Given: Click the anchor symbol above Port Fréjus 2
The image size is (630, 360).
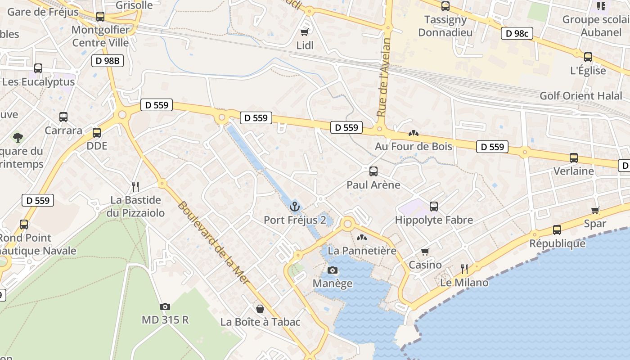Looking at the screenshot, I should coord(295,207).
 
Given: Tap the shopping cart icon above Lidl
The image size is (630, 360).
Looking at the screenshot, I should coord(305,32).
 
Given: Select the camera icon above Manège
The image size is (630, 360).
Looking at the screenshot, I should coord(333,270).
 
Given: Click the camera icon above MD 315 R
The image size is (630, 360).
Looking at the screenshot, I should coord(165,306).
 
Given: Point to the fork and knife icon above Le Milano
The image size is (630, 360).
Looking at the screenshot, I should coord(464,269).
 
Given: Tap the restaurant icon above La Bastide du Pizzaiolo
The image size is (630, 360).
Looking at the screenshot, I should coord(135,186).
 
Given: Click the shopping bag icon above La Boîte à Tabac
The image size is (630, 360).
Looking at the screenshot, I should coord(260,309).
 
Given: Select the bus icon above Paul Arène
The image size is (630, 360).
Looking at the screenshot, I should coord(373,171).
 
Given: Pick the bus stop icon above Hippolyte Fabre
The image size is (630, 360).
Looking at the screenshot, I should coord(433,207).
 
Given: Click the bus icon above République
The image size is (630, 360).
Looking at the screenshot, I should coord(557,230).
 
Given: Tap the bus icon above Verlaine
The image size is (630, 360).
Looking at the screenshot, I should coord(573,158).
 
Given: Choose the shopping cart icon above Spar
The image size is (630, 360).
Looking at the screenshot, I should coord(595,210).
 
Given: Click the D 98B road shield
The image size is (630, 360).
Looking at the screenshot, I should coord(108,61).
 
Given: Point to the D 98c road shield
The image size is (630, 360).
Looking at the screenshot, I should coord(517,33).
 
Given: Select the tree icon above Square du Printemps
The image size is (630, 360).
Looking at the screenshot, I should coord(18,137).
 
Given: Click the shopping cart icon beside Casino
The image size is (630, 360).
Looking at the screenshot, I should coord(425,252).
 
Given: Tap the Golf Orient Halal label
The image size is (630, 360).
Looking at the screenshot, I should coord(581,96).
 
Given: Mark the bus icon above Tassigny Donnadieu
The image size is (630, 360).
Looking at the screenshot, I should coord(445,6).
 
